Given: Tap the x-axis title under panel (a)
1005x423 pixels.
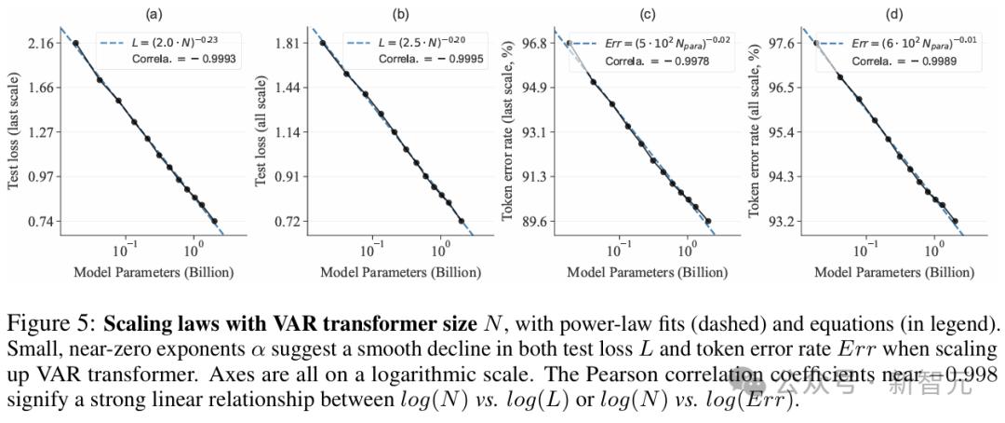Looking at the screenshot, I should pyautogui.click(x=153, y=273).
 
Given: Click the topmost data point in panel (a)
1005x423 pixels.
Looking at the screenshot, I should pyautogui.click(x=75, y=44).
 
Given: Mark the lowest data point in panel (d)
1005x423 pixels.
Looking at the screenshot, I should pyautogui.click(x=955, y=222).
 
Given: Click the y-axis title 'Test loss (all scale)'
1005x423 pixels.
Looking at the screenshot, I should pyautogui.click(x=261, y=132).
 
